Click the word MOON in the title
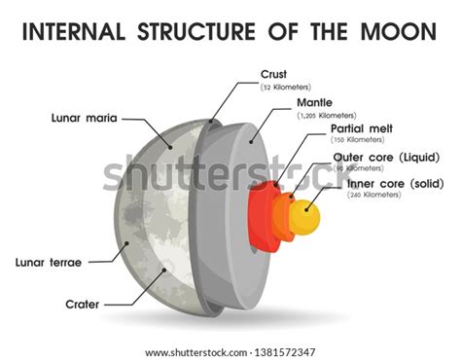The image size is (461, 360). (x=397, y=32)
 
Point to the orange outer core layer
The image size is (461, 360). (x=285, y=215)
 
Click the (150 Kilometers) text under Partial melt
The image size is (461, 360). (x=358, y=141)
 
